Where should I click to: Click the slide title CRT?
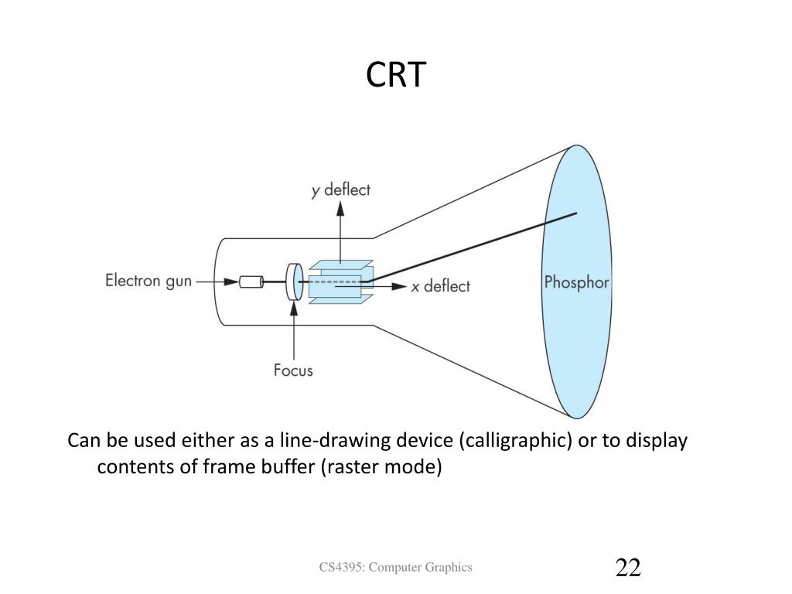click(x=395, y=75)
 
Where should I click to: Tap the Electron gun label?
click(x=148, y=282)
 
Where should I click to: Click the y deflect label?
click(x=341, y=189)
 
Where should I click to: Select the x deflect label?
click(x=440, y=286)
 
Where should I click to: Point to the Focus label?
click(x=294, y=370)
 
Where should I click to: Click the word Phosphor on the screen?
click(x=576, y=282)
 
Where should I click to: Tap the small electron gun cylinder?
click(x=251, y=282)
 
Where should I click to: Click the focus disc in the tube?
click(x=294, y=282)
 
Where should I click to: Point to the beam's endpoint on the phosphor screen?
click(x=576, y=213)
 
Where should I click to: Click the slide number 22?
click(x=628, y=568)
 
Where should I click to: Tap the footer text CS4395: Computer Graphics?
click(x=396, y=568)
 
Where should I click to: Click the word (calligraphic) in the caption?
click(x=516, y=441)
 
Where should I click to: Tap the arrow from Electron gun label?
click(x=217, y=282)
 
